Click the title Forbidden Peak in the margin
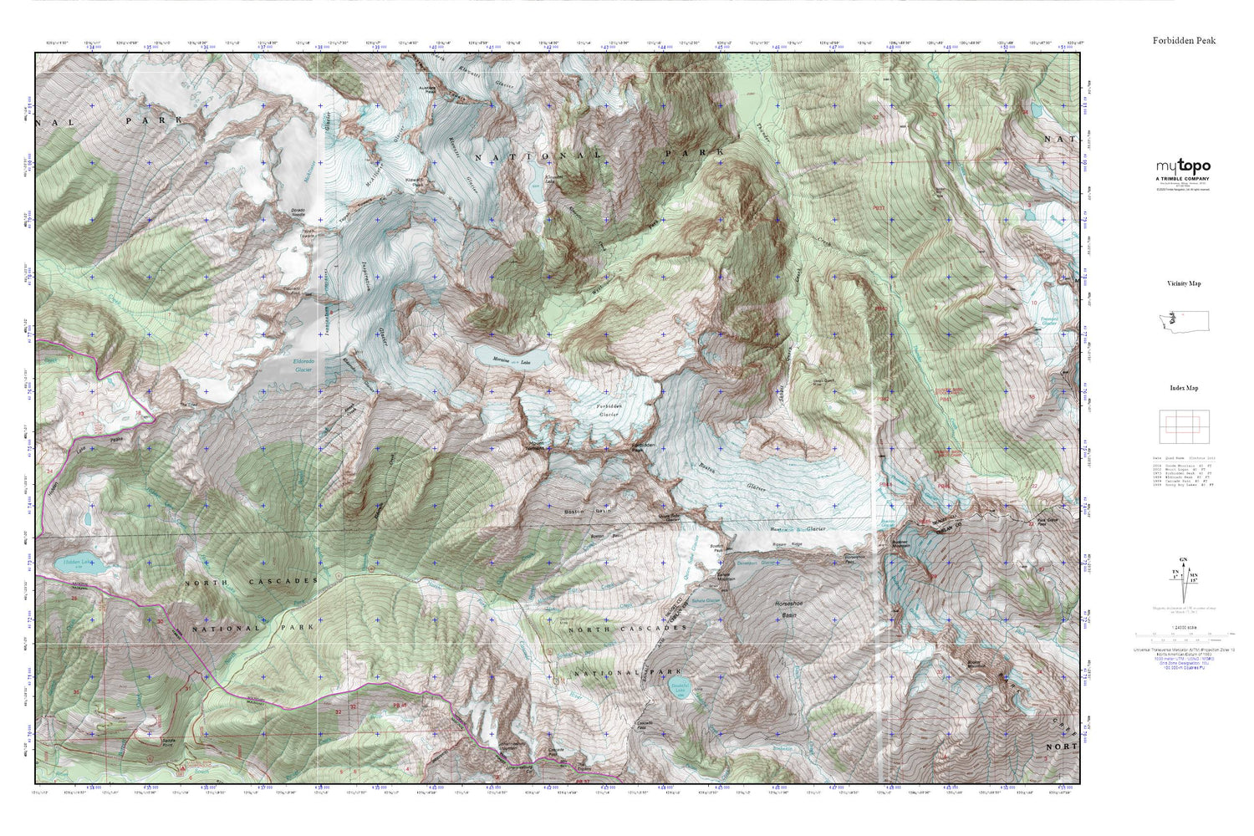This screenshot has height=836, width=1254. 1184,40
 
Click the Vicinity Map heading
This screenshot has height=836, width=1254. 1184,283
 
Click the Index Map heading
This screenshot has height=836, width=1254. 1184,388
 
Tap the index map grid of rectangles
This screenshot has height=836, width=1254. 1184,428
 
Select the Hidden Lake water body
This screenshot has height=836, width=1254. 84,565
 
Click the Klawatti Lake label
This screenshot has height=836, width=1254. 553,179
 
